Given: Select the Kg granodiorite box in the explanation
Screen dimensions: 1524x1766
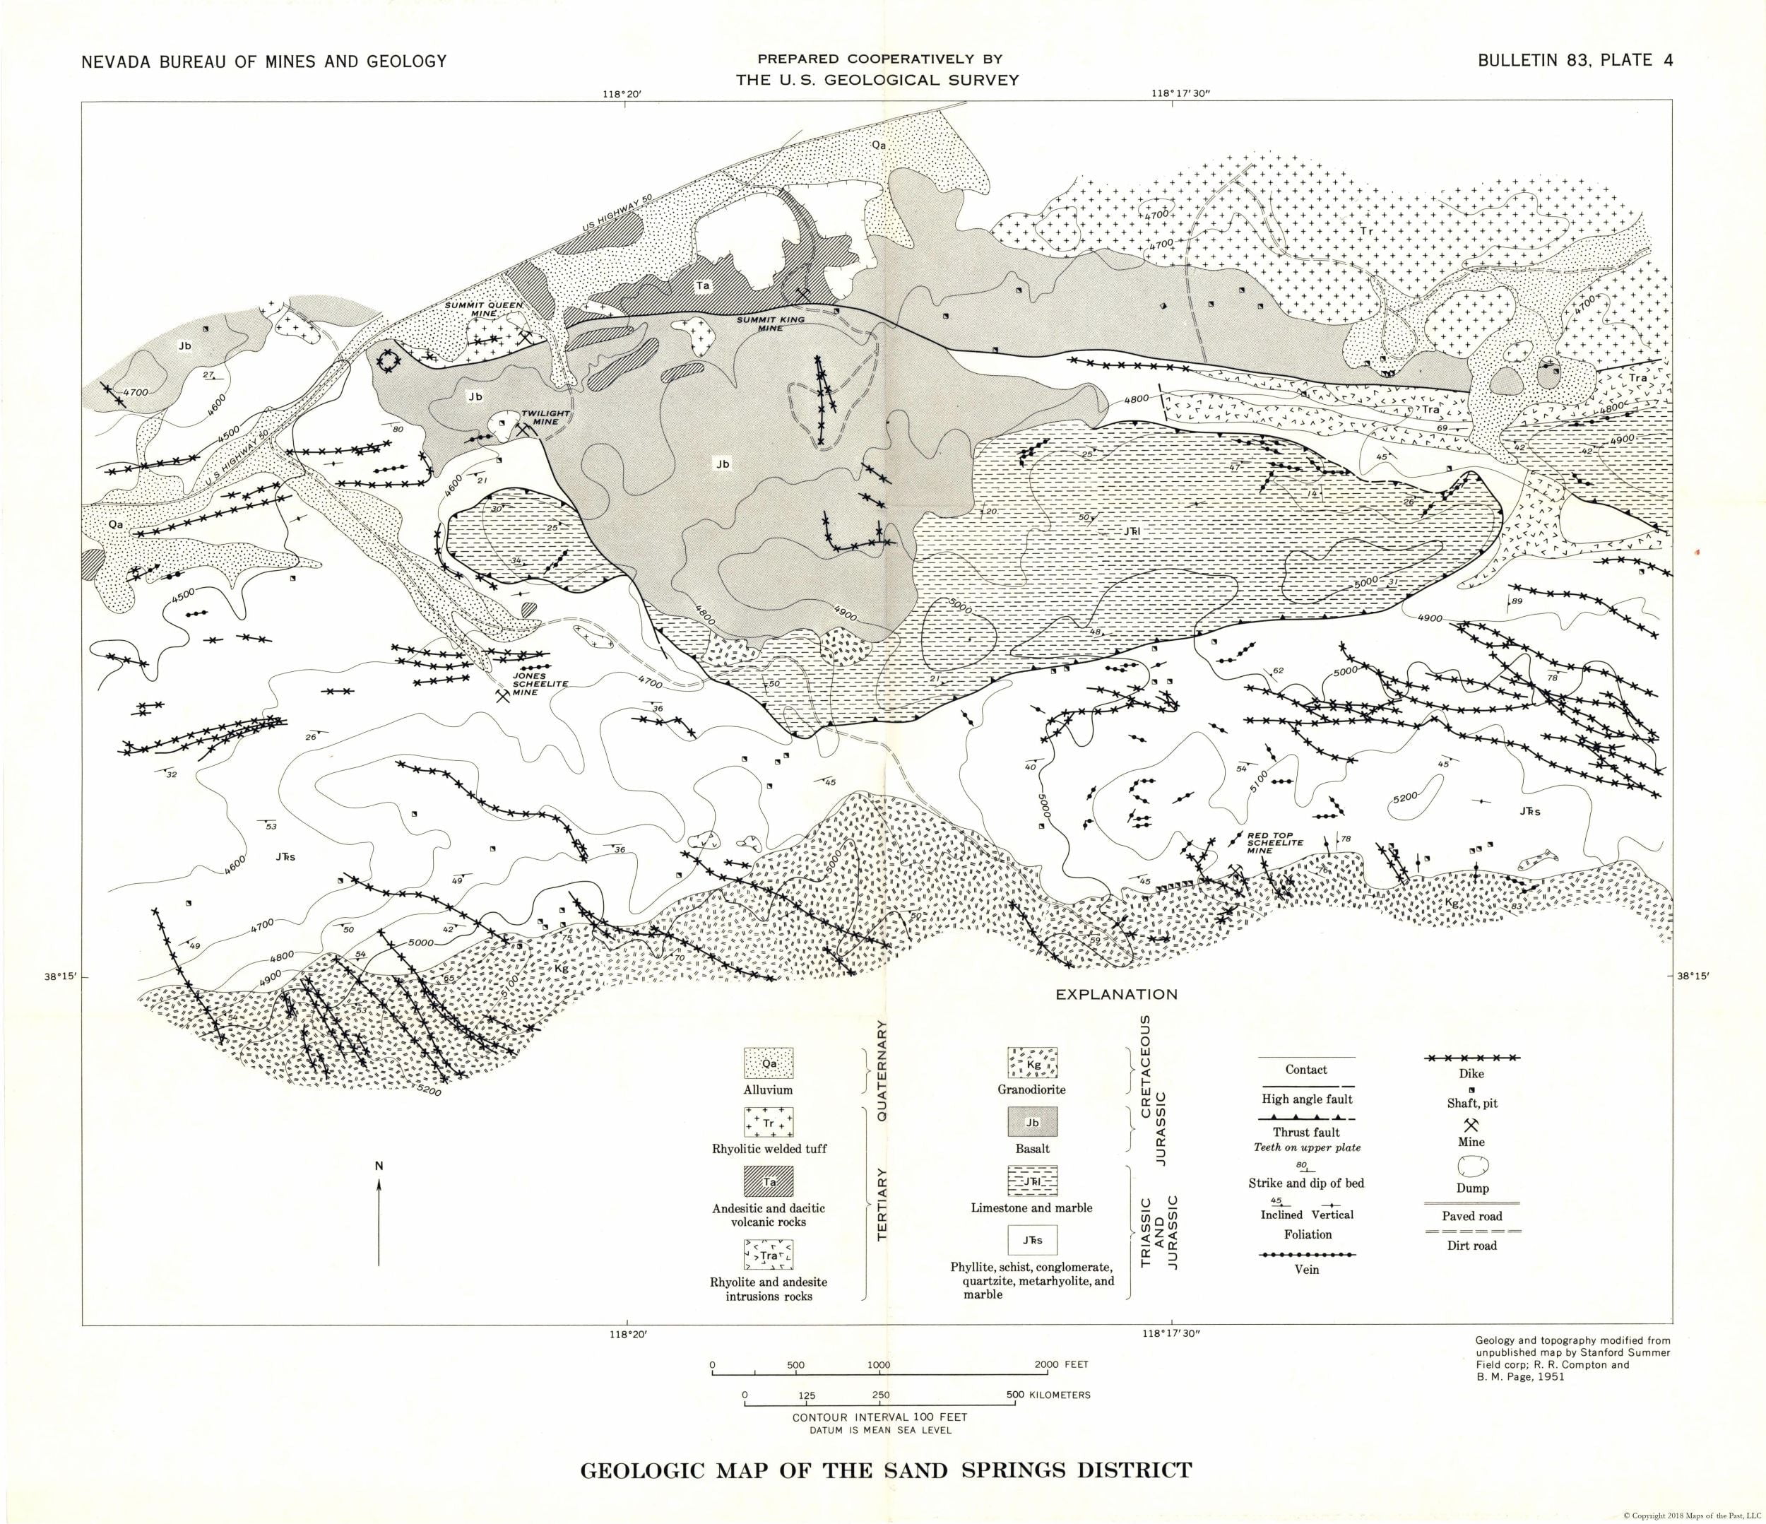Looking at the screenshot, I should pyautogui.click(x=1033, y=1064).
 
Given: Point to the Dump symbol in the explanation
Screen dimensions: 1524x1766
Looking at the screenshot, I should pyautogui.click(x=1472, y=1165).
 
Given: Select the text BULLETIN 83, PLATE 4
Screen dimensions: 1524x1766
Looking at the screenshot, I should pyautogui.click(x=1575, y=61).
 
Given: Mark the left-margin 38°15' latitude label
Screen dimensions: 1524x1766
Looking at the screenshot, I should pyautogui.click(x=61, y=978).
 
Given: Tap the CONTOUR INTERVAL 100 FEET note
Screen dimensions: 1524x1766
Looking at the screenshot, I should pyautogui.click(x=879, y=1417).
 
